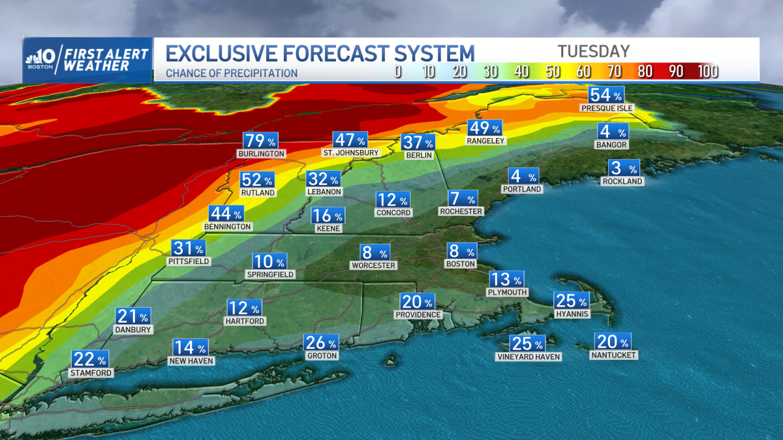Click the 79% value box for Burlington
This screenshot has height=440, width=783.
[261, 141]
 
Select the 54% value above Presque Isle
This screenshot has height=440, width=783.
[606, 94]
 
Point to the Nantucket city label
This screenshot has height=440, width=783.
[613, 355]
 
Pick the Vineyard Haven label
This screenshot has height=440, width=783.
[528, 357]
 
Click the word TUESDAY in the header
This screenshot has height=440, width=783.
[593, 51]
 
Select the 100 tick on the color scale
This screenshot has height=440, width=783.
[707, 72]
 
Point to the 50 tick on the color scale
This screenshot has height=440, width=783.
[553, 72]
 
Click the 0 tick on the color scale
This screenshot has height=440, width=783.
[397, 72]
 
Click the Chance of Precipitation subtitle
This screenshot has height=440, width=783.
[232, 73]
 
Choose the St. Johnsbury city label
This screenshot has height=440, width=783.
[350, 153]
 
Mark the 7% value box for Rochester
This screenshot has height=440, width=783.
[462, 198]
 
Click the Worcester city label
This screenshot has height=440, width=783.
[373, 265]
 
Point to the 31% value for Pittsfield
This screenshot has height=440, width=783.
[189, 248]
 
